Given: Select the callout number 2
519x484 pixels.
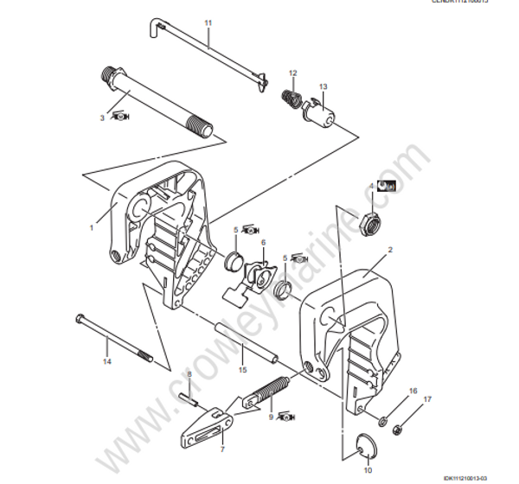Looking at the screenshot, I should click(x=389, y=249).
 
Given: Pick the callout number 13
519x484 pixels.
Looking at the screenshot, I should click(x=323, y=87).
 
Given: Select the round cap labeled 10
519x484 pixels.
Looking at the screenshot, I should click(x=368, y=445).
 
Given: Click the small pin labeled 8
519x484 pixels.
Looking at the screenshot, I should click(x=192, y=398).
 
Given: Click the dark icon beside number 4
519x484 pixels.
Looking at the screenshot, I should click(x=389, y=185).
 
